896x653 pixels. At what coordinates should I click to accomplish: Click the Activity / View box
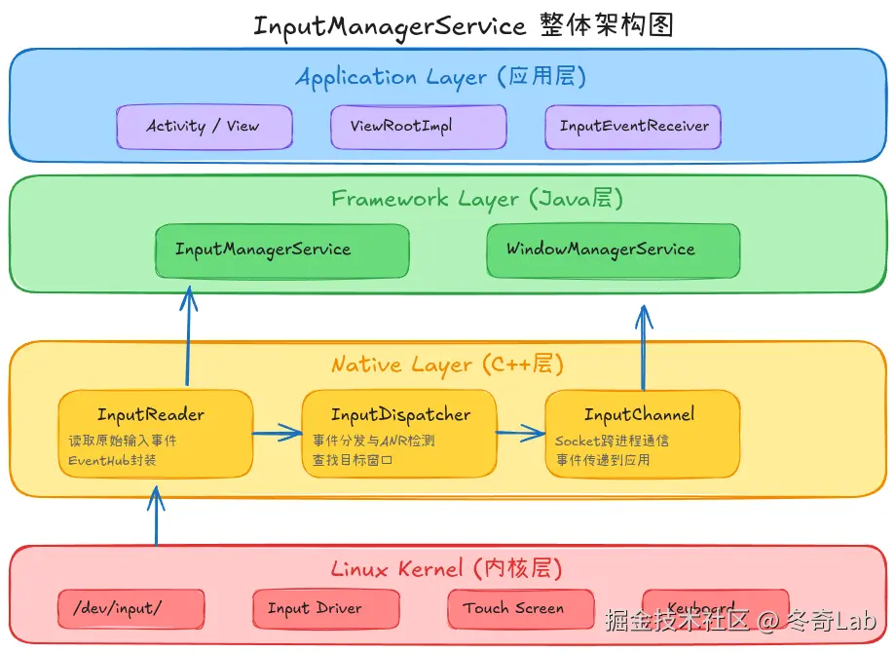pyautogui.click(x=204, y=127)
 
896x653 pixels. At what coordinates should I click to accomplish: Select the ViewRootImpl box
pyautogui.click(x=418, y=127)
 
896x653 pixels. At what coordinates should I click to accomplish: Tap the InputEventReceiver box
pyautogui.click(x=633, y=127)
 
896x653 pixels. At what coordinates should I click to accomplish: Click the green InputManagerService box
pyautogui.click(x=281, y=250)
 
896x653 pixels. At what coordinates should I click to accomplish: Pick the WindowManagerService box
pyautogui.click(x=613, y=250)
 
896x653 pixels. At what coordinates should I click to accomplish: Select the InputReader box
pyautogui.click(x=155, y=434)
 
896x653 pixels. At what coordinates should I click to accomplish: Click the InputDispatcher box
pyautogui.click(x=398, y=434)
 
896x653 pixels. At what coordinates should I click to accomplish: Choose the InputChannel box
pyautogui.click(x=641, y=434)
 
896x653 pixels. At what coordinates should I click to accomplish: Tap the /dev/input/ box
pyautogui.click(x=131, y=609)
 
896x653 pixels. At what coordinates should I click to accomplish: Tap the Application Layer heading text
pyautogui.click(x=440, y=77)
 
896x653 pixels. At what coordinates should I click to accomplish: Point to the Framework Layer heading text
pyautogui.click(x=476, y=199)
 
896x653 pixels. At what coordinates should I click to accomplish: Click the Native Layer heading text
pyautogui.click(x=447, y=365)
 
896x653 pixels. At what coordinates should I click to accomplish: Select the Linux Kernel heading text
pyautogui.click(x=446, y=569)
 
